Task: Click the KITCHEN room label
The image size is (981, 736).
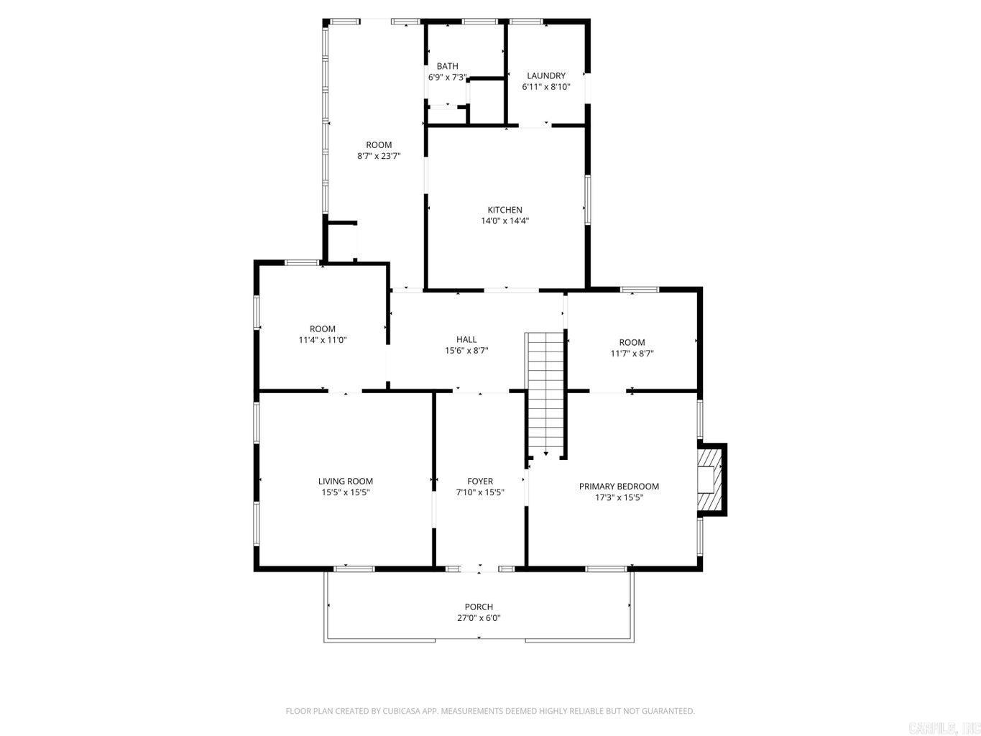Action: (505, 210)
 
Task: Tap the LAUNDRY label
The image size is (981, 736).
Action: (546, 75)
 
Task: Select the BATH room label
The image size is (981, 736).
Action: (447, 66)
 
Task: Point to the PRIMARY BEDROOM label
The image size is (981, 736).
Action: (619, 487)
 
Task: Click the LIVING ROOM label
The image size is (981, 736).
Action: (346, 482)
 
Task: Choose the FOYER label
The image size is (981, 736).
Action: (480, 482)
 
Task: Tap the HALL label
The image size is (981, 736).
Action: (466, 340)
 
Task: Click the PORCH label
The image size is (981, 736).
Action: (479, 607)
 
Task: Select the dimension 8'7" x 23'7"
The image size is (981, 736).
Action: (379, 156)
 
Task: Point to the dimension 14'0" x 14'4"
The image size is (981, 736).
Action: (505, 221)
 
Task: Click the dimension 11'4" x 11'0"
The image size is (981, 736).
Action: (323, 340)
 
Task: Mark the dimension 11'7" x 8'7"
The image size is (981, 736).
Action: (632, 354)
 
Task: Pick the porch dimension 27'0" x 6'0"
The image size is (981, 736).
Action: (479, 618)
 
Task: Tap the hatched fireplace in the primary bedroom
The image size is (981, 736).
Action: (710, 479)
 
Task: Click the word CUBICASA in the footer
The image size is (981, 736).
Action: (402, 712)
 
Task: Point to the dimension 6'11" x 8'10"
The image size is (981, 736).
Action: (546, 87)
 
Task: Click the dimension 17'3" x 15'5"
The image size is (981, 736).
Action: (619, 497)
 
